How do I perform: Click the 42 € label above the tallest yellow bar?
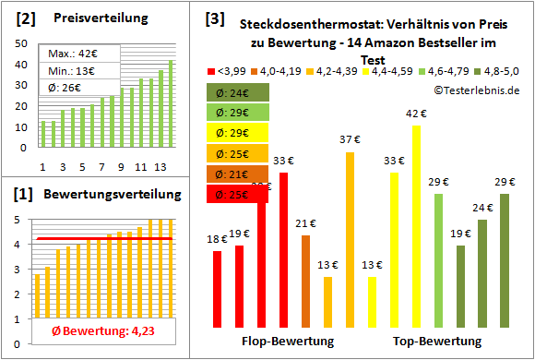pos(416,114)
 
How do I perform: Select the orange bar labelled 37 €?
pos(350,240)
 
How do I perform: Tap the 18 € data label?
pos(217,239)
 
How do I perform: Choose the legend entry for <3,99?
pos(232,70)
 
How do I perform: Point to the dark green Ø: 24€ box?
pos(238,92)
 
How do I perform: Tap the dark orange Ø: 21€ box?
pos(238,174)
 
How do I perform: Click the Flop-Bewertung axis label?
pos(287,342)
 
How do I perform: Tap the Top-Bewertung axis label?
pos(437,342)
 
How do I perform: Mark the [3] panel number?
pos(214,18)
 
